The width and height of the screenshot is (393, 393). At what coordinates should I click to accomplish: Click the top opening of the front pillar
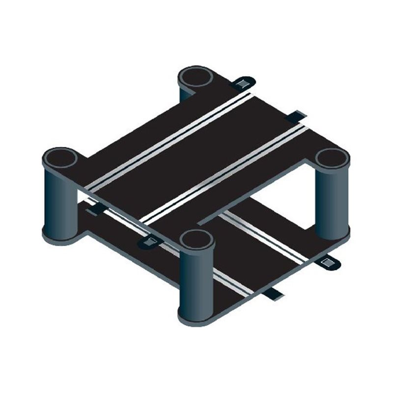[x=196, y=240]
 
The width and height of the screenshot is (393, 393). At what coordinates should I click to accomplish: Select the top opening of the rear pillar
[x=195, y=78]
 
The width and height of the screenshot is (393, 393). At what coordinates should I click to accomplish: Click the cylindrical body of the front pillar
[x=196, y=280]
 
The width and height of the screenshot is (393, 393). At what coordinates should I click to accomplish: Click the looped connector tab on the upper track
[x=242, y=83]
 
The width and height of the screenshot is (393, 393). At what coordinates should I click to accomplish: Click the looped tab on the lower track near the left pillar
[x=150, y=241]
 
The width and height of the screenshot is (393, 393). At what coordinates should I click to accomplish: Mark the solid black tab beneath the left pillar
[x=96, y=210]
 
